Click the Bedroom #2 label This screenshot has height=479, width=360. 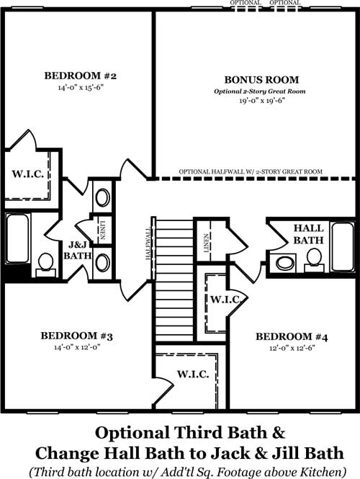pos(81,76)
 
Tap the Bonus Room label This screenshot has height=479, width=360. pos(261,80)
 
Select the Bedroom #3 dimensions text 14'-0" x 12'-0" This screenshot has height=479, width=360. pos(77,347)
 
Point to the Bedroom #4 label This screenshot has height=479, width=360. pos(292,336)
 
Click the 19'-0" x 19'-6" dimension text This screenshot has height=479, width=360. pos(262,101)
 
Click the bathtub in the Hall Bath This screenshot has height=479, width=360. pos(343,247)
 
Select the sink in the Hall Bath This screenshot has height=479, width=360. pos(286,263)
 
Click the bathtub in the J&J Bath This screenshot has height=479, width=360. pos(18,238)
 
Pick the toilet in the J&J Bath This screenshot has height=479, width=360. pos(46,264)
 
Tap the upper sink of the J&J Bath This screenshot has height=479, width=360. pos(102,197)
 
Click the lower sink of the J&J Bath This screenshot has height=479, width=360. pos(102,263)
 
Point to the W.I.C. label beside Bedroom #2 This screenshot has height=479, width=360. pos(28,174)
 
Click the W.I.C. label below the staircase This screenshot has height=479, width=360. pos(193,374)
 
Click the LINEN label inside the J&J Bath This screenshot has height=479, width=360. pos(102,230)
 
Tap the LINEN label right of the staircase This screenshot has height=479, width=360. pos(207,243)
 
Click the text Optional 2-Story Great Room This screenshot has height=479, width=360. pos(259,91)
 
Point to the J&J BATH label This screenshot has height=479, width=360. pos(78,250)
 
